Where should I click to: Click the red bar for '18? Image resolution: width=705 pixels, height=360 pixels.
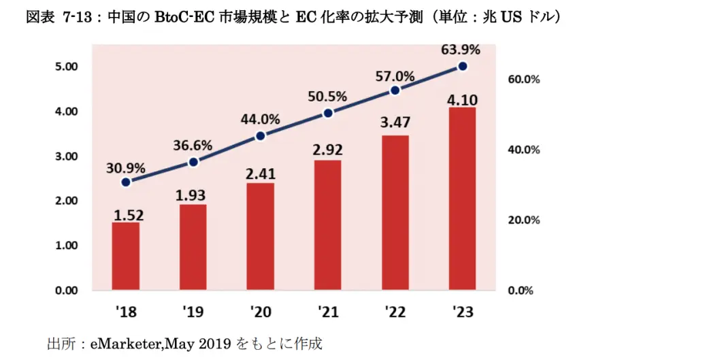[x=125, y=256]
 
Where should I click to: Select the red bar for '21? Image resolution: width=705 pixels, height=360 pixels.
[x=327, y=225]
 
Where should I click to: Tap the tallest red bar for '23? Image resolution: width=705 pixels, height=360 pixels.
[x=462, y=199]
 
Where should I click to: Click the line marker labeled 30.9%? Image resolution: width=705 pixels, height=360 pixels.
[x=125, y=182]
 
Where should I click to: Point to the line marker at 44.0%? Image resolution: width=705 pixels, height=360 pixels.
[x=260, y=135]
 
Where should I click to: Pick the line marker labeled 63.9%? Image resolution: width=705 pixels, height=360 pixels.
[x=462, y=66]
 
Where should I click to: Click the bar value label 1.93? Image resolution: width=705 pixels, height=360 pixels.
[x=193, y=195]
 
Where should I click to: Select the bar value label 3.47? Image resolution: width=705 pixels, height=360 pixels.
[x=395, y=125]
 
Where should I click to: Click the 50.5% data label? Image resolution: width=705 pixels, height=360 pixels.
[x=327, y=97]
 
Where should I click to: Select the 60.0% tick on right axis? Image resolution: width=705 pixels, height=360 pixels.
[x=524, y=80]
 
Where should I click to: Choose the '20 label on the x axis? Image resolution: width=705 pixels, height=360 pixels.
[x=260, y=313]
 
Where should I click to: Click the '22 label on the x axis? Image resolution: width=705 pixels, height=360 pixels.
[x=395, y=313]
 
